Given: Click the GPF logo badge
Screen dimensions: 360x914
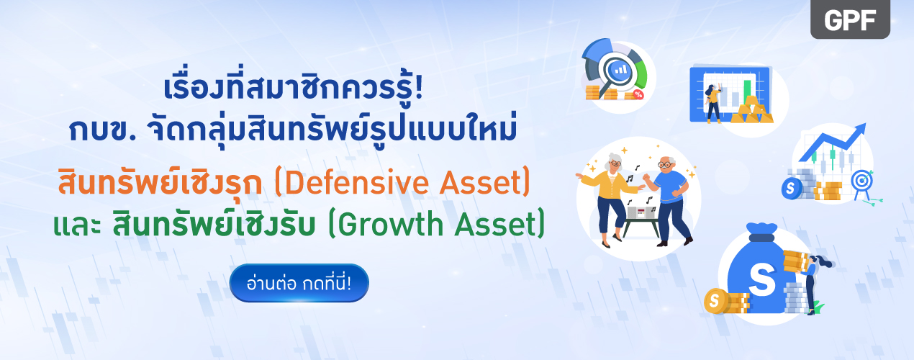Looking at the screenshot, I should coord(850,19).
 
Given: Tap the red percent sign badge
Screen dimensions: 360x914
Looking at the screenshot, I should coord(638,95).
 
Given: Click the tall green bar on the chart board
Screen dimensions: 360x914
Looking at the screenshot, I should coord(748,90).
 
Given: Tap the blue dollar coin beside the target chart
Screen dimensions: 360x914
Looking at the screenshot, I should coord(792,189).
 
